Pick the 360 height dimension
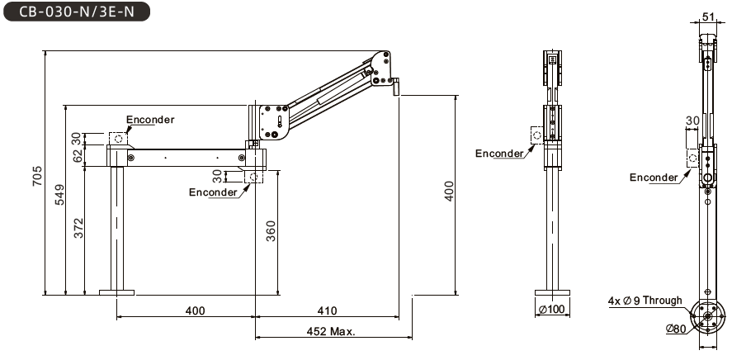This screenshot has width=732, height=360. tap(271, 233)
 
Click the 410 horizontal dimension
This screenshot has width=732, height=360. tap(327, 311)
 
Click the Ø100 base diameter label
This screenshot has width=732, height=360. tap(550, 310)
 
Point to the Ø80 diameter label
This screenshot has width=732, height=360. tap(677, 329)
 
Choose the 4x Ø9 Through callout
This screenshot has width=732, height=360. tap(645, 301)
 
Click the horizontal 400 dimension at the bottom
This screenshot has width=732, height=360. tap(195, 311)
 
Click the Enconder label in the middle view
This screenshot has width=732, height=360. tap(499, 153)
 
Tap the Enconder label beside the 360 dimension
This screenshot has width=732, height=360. tap(213, 192)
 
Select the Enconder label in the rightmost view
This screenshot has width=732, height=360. tap(654, 178)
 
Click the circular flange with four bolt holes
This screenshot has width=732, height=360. tap(707, 315)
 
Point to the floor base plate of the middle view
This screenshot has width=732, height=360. tap(552, 291)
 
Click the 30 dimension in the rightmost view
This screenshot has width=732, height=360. tap(692, 121)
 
